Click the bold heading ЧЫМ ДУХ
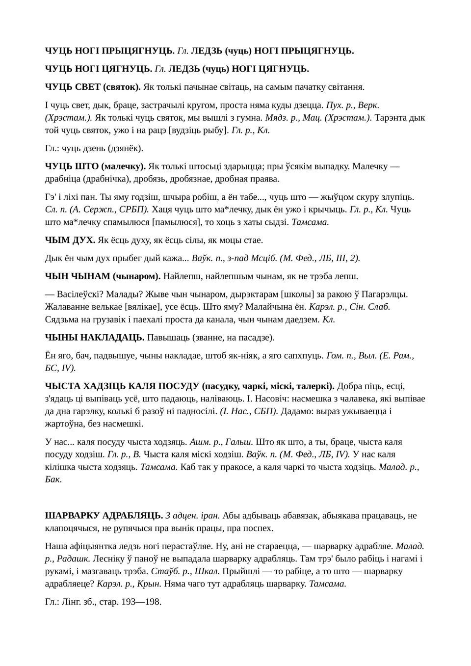pyautogui.click(x=70, y=240)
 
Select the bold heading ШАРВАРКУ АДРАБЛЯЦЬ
pyautogui.click(x=104, y=515)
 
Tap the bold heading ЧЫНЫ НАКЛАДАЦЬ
pyautogui.click(x=95, y=337)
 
